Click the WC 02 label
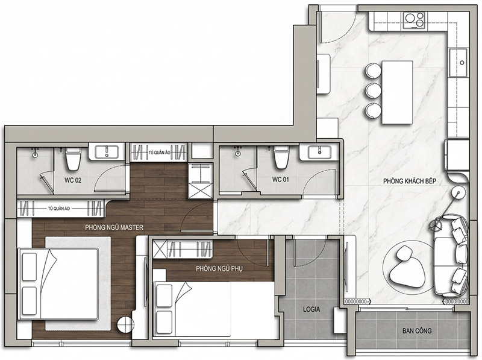coord(73,180)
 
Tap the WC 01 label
coord(280,179)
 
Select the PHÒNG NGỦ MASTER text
coord(114,227)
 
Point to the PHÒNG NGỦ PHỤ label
coord(219,268)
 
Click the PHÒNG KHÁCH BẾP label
coord(410,181)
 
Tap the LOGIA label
coord(311,309)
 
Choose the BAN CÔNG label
coord(417,331)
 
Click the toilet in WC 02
coord(73,159)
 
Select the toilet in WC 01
coord(281,157)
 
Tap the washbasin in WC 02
coord(107,152)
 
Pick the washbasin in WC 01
coord(319,152)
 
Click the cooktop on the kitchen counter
coord(415,21)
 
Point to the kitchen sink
coord(459,63)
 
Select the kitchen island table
coord(397,92)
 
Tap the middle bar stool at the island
coord(373,90)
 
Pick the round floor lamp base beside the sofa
coord(459,192)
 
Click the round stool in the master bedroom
coord(125,324)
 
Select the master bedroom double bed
coord(58,284)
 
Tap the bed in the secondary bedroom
coord(193,309)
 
